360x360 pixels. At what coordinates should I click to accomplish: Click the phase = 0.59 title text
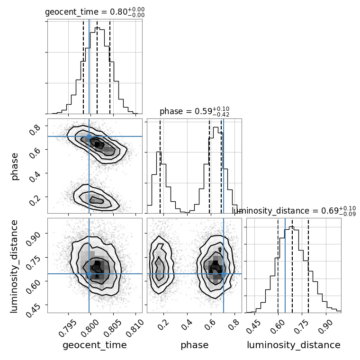tap(194, 112)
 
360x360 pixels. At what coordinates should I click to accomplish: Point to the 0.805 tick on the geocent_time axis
tap(116, 327)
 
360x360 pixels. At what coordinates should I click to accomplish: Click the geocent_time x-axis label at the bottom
tap(95, 345)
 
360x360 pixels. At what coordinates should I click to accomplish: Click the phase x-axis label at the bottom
tap(194, 345)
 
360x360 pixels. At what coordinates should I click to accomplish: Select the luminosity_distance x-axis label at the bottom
tap(294, 345)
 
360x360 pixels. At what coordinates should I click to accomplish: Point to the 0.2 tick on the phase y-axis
tap(36, 200)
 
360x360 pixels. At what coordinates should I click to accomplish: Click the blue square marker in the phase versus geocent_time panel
tap(89, 136)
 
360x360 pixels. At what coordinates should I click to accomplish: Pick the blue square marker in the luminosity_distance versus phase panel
tap(224, 274)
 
